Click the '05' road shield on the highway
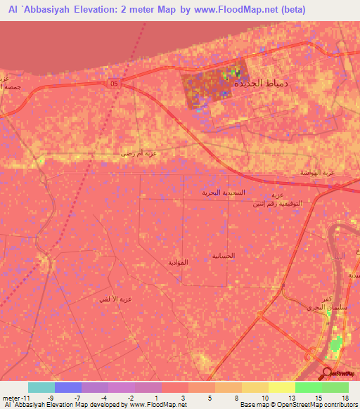click(x=114, y=84)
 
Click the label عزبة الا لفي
click(x=116, y=299)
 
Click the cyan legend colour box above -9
click(x=41, y=387)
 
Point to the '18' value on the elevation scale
click(x=344, y=397)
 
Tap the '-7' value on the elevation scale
click(x=75, y=397)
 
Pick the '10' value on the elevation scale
click(x=264, y=397)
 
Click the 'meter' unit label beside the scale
click(x=12, y=397)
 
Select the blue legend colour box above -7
click(x=68, y=387)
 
